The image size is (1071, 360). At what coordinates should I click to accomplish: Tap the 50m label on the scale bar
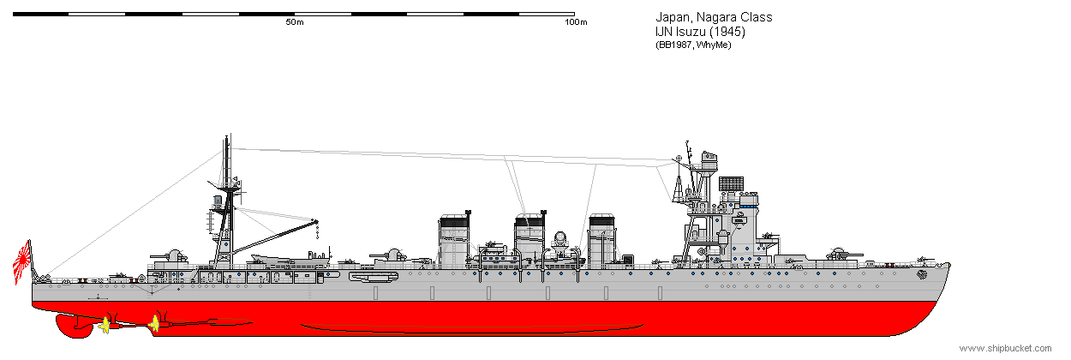click(295, 22)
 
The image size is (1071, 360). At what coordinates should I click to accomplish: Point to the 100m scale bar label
click(576, 22)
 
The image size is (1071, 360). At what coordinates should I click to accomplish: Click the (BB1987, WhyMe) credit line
click(693, 45)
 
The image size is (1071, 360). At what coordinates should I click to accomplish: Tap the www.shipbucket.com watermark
click(1005, 348)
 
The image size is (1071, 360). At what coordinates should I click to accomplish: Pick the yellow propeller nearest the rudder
click(105, 326)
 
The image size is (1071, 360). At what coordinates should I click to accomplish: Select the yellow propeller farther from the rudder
click(154, 324)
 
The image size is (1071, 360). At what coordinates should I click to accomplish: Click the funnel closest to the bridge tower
click(601, 241)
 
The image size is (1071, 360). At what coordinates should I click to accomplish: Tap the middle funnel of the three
click(530, 238)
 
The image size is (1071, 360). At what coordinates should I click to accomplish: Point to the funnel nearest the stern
click(454, 241)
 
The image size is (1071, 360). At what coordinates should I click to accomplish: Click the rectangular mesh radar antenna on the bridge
click(731, 183)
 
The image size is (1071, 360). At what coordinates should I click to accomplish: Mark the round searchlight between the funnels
click(559, 238)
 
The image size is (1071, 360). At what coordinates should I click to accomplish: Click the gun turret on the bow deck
click(841, 254)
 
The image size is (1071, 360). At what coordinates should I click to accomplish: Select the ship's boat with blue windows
click(500, 258)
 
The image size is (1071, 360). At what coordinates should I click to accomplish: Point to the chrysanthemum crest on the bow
click(921, 274)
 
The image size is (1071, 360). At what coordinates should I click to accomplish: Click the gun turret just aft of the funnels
click(391, 255)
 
